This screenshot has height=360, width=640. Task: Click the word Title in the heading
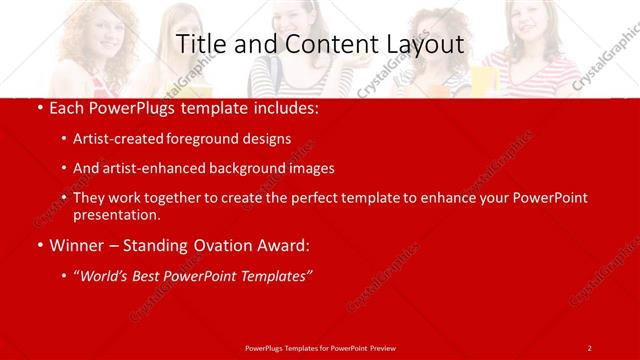[200, 45]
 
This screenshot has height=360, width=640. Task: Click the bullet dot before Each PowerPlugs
[38, 109]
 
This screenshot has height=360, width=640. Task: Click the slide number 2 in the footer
[589, 347]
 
